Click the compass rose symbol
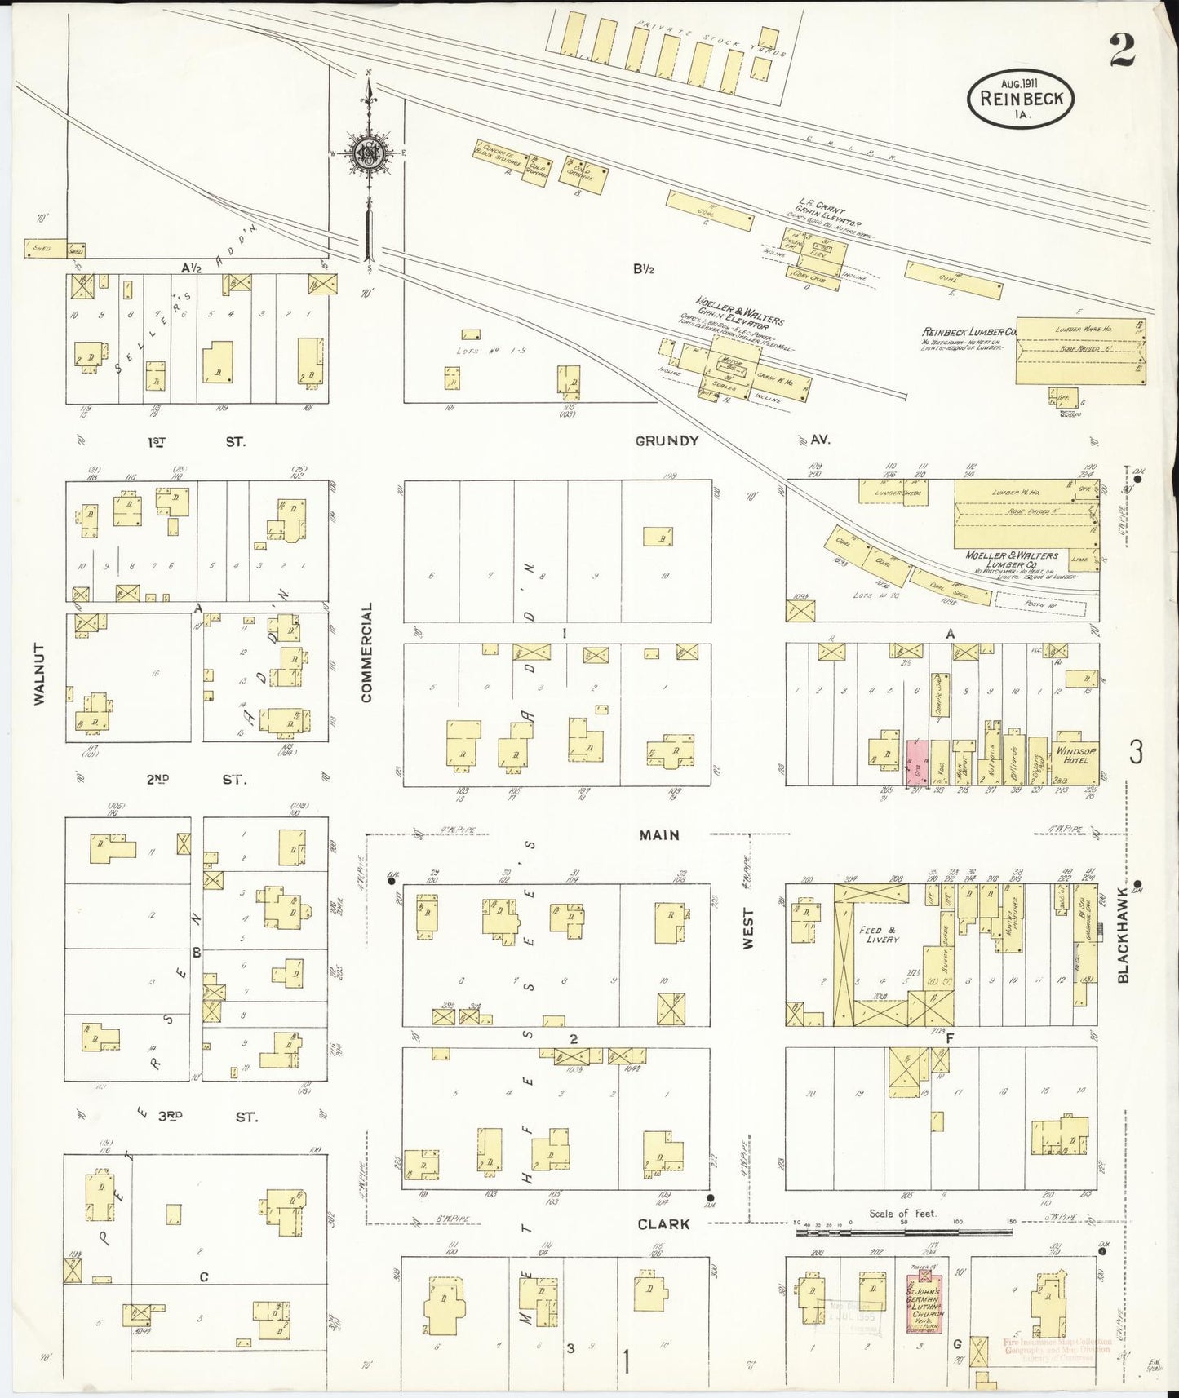pos(370,153)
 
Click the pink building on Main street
pos(915,763)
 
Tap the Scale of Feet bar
pos(903,1223)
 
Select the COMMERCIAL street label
pos(366,652)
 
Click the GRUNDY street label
pos(667,440)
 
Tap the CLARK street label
pos(663,1223)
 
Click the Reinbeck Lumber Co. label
pos(968,332)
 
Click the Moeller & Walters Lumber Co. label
pos(1011,560)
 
